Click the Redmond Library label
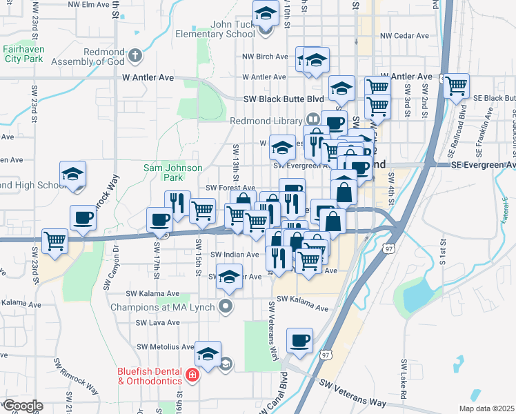point(267,121)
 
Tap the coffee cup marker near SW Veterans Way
point(299,340)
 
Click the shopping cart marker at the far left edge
point(55,241)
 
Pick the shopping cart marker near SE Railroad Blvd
point(456,86)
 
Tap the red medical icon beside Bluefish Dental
point(193,376)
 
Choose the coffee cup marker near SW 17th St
point(159,220)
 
